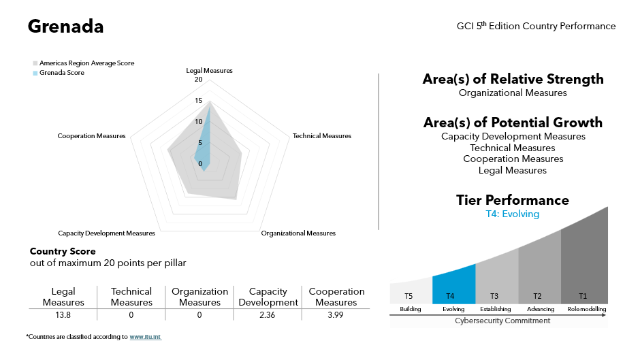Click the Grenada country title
click(x=65, y=27)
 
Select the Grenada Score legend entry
click(x=61, y=73)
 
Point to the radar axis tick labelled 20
click(x=198, y=80)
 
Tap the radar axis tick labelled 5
click(x=200, y=143)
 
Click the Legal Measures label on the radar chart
click(x=209, y=71)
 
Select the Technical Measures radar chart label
click(x=321, y=136)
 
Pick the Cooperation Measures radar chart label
click(x=91, y=136)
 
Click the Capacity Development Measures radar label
click(x=106, y=233)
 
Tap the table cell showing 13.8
click(x=63, y=315)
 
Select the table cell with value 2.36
click(x=268, y=315)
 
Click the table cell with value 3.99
click(x=336, y=315)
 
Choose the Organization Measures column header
click(x=199, y=297)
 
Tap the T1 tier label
click(x=582, y=296)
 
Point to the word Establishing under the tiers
click(x=496, y=309)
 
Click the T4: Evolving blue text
click(x=512, y=214)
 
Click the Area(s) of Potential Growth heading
click(x=513, y=122)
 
